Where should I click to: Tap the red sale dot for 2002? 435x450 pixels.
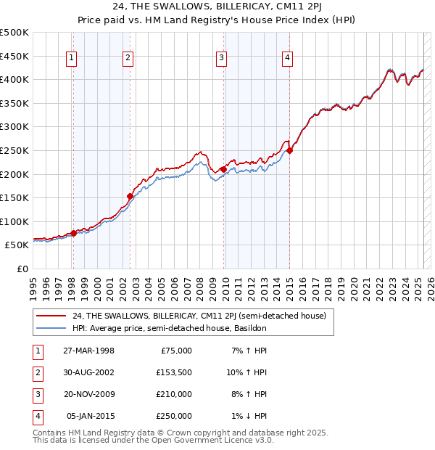(130, 196)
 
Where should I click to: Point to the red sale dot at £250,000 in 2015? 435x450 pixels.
(289, 150)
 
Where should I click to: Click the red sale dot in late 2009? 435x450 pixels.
(224, 169)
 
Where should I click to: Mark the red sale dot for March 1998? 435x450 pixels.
(73, 233)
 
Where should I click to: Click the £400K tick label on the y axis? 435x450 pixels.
(15, 79)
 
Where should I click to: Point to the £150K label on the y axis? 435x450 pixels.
(15, 197)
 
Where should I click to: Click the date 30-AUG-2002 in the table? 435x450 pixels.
(88, 372)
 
